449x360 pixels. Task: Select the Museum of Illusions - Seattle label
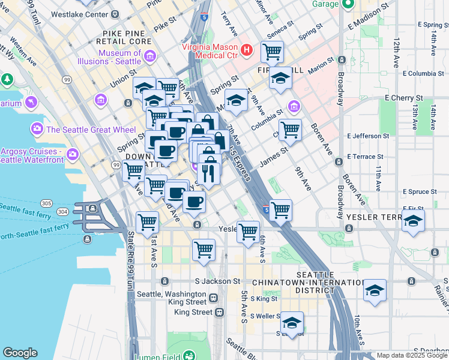tap(119, 58)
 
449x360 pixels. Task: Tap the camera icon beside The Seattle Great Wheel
tap(37, 128)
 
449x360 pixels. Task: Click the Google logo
tap(20, 353)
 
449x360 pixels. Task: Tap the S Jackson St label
tap(217, 281)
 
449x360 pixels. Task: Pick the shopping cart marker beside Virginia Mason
tap(273, 52)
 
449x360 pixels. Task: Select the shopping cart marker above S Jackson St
tap(204, 248)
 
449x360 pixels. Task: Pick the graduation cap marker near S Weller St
tap(292, 323)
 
